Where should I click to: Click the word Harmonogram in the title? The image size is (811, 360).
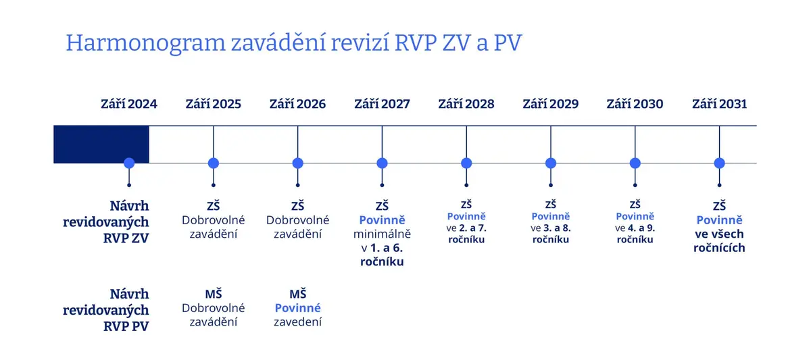click(x=145, y=43)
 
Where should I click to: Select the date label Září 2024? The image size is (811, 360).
click(x=129, y=104)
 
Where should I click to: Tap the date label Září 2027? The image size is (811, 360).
click(x=382, y=104)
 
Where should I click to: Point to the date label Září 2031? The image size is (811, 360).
click(x=719, y=104)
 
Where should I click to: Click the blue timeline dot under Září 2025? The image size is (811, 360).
click(x=214, y=163)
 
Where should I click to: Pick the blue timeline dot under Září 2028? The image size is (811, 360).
click(x=466, y=163)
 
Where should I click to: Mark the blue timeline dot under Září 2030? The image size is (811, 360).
click(x=635, y=163)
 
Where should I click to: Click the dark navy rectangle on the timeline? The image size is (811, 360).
click(x=101, y=145)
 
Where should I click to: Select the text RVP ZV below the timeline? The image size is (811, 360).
click(x=126, y=238)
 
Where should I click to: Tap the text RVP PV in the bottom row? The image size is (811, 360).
click(x=126, y=326)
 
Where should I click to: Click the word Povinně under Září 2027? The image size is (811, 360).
click(x=382, y=220)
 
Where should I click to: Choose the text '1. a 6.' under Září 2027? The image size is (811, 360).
click(x=387, y=248)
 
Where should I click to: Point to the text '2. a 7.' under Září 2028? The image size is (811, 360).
click(x=473, y=228)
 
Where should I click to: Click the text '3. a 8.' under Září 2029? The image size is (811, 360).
click(x=557, y=228)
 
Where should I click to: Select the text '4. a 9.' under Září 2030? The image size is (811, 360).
click(x=641, y=228)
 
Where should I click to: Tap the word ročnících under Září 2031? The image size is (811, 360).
click(x=719, y=248)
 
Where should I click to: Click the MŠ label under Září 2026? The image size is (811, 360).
click(x=297, y=294)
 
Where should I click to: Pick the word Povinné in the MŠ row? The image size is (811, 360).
click(x=297, y=308)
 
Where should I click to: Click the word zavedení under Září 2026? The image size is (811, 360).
click(x=297, y=322)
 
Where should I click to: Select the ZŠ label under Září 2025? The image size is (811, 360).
click(x=214, y=206)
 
